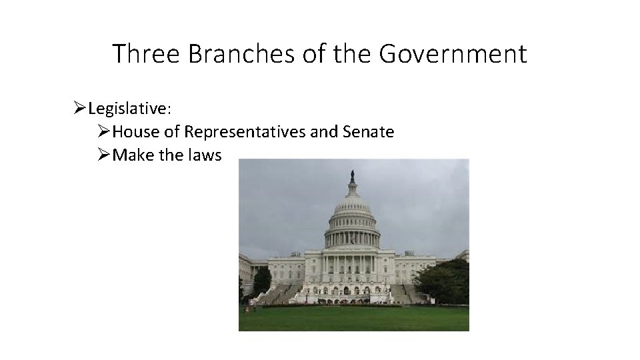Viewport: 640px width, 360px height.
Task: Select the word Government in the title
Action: (x=453, y=53)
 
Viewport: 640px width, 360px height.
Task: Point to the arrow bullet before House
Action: (x=105, y=132)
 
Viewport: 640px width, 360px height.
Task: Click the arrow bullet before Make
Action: (x=105, y=155)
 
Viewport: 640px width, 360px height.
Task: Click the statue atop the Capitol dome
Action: (x=352, y=177)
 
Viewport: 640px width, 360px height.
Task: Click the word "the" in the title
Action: (x=349, y=53)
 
